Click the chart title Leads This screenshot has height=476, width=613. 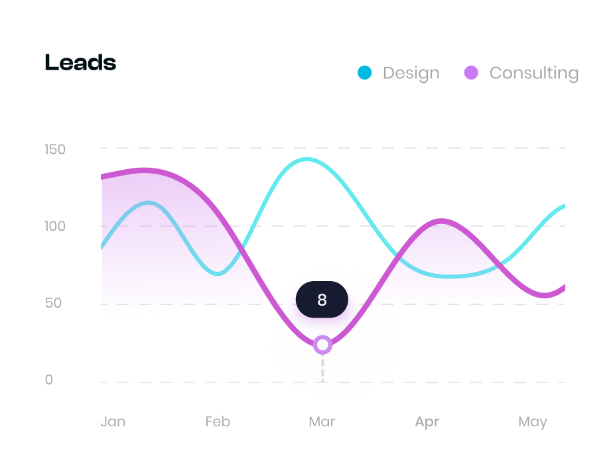tap(80, 63)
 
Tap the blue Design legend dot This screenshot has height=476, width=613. tap(364, 72)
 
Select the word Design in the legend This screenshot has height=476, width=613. tap(411, 73)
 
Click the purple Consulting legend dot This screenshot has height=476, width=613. tap(471, 72)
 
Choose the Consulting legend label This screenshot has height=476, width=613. tap(533, 73)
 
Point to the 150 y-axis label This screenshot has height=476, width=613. tap(55, 149)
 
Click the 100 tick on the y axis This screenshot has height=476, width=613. tap(55, 226)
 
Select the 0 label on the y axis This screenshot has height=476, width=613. tap(49, 380)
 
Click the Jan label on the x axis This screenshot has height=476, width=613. tap(113, 422)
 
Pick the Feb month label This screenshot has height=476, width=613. tap(218, 422)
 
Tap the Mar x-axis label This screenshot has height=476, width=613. tap(322, 422)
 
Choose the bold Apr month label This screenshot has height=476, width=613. tap(427, 422)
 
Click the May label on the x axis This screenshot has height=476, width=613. tap(533, 422)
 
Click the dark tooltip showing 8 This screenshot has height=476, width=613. tap(322, 300)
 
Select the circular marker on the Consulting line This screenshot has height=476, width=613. tap(322, 345)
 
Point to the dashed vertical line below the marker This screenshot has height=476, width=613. tap(322, 368)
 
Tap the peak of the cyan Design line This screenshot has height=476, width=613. tap(306, 159)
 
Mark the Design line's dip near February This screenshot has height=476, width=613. tap(218, 273)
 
